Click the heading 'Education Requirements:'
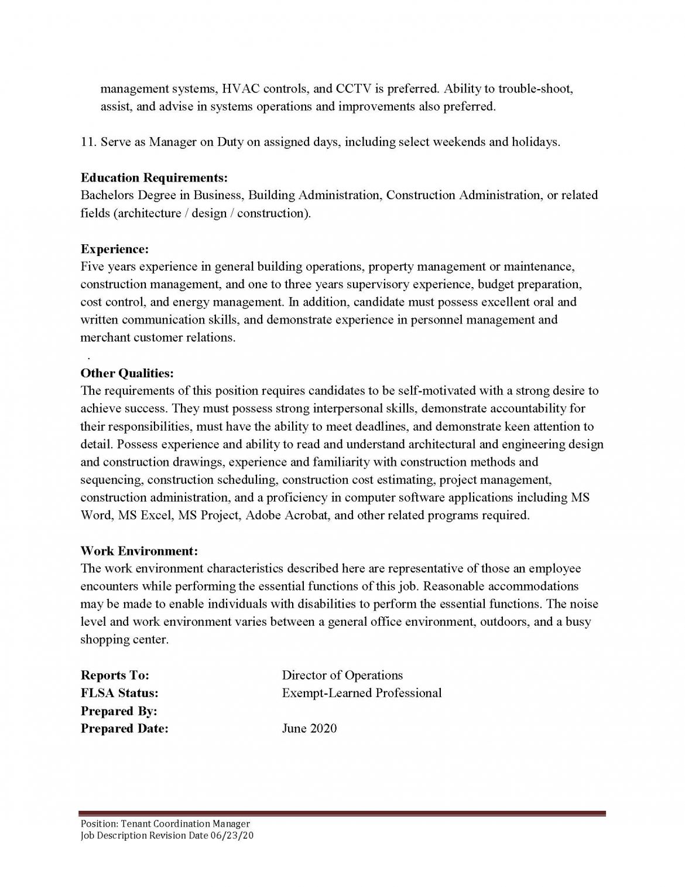[x=154, y=177]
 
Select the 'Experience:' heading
[x=114, y=249]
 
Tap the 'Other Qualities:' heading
[x=127, y=373]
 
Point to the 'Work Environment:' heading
[x=139, y=551]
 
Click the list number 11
[x=88, y=142]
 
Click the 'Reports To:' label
[x=115, y=675]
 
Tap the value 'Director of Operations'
[x=342, y=675]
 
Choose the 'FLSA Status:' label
[x=119, y=693]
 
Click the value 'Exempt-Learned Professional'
[x=362, y=693]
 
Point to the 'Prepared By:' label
[x=119, y=711]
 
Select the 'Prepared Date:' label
[x=124, y=729]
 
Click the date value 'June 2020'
[x=309, y=729]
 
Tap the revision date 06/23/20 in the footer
[x=232, y=835]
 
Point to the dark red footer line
[x=342, y=813]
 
